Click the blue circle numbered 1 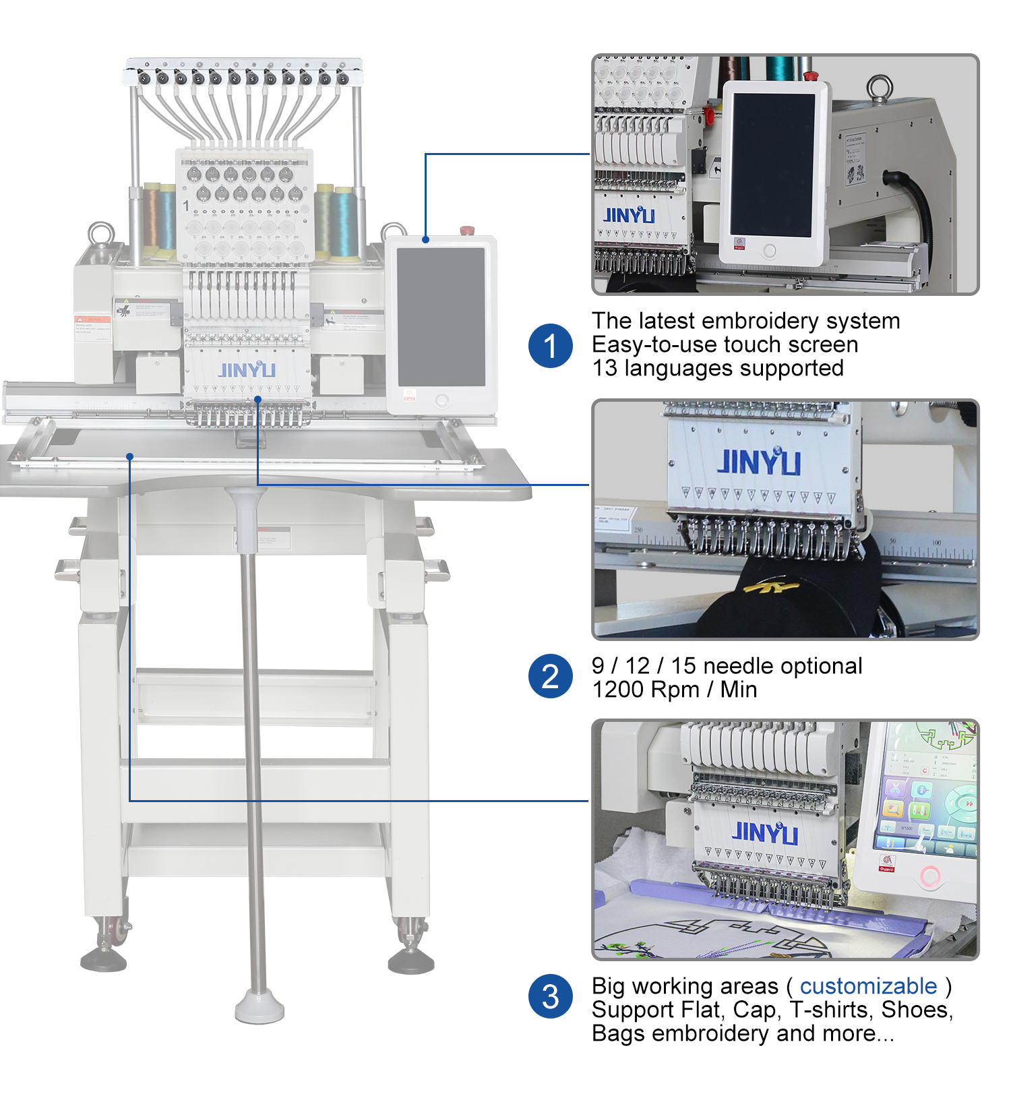[x=550, y=346]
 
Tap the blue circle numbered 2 [x=550, y=676]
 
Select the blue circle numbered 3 [x=550, y=996]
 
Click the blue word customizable [x=868, y=986]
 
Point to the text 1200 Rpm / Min [x=674, y=690]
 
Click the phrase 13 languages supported [x=717, y=368]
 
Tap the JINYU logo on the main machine [x=247, y=370]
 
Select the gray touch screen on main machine [x=441, y=317]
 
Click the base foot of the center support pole [x=259, y=1008]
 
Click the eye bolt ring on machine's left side [x=101, y=234]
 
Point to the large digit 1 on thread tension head [x=187, y=206]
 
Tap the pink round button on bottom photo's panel [x=930, y=876]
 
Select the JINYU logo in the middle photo [x=758, y=462]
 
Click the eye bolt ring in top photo [x=880, y=88]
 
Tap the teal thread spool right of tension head [x=345, y=222]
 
